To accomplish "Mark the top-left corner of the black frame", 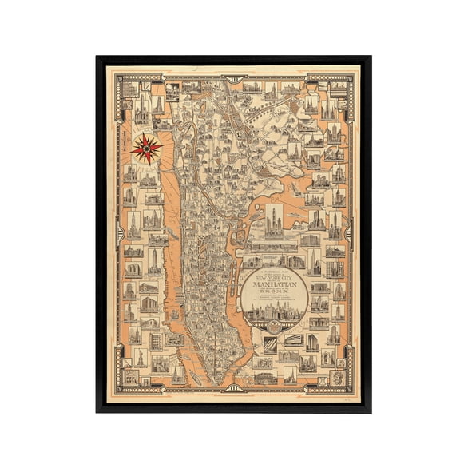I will [x=97, y=57].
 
